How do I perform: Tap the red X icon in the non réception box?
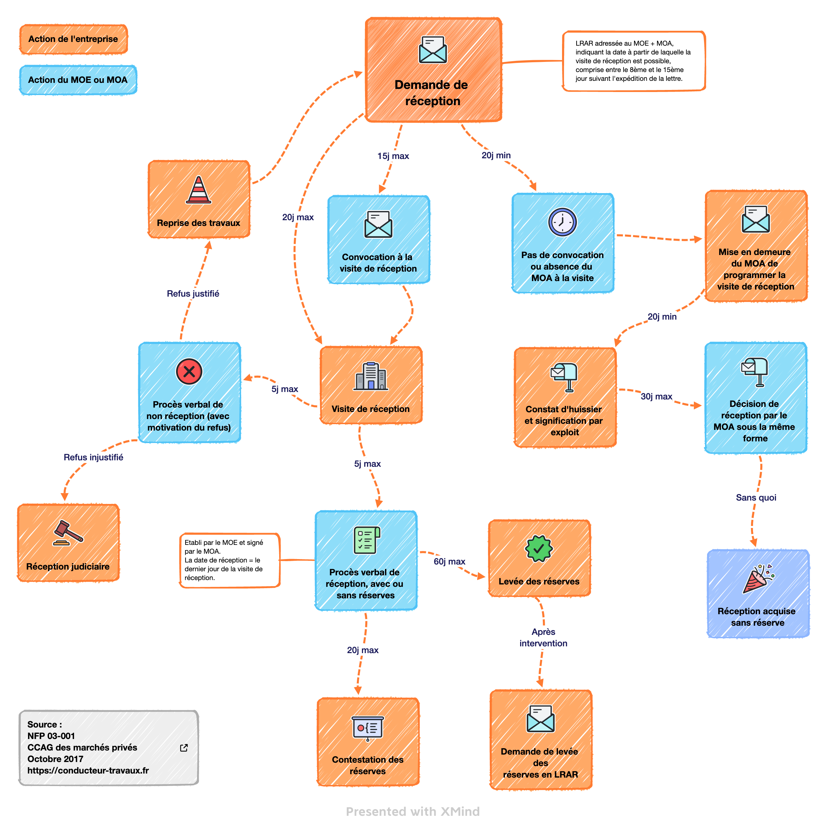[189, 372]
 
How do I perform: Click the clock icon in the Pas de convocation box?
[562, 222]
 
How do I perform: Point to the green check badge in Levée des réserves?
[539, 549]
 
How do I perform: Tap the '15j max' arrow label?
[393, 156]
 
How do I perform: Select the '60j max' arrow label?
[449, 561]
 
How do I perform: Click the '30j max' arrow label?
[656, 396]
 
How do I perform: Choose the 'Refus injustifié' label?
[93, 457]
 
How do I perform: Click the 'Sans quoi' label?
[756, 498]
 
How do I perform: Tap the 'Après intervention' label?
[543, 638]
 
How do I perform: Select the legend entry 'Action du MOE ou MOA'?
[78, 80]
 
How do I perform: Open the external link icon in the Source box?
[184, 748]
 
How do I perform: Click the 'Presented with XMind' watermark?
[413, 811]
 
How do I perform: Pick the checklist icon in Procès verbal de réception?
[367, 540]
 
